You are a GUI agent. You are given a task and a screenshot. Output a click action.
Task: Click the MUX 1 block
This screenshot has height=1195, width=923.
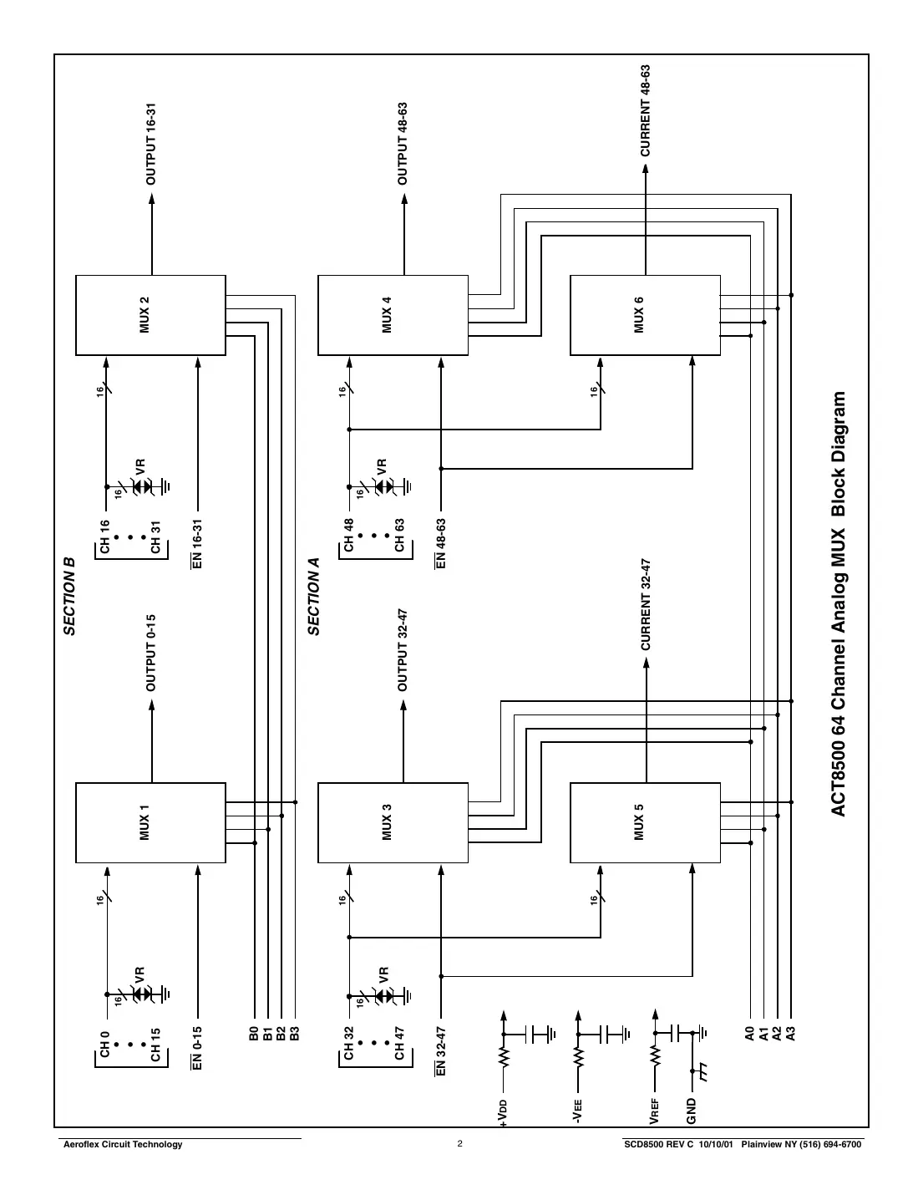150,822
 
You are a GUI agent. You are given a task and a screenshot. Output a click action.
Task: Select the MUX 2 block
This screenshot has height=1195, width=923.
150,315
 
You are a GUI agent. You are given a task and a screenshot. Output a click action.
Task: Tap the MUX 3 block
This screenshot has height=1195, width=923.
393,822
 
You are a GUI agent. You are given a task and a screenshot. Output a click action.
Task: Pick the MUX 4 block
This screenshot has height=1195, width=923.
393,315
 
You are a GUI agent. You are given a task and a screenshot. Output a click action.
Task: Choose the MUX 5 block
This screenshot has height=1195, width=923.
645,822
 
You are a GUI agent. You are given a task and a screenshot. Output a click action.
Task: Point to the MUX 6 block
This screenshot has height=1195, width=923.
645,315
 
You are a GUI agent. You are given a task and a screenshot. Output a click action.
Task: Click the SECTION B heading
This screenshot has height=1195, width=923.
70,597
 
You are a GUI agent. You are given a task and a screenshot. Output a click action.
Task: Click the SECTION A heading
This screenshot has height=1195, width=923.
314,597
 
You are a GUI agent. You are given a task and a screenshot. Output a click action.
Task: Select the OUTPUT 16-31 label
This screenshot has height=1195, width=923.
151,144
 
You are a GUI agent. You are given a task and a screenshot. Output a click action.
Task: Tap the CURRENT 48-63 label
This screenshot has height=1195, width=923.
645,110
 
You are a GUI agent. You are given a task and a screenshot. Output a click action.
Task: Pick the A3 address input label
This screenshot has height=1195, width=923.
791,1035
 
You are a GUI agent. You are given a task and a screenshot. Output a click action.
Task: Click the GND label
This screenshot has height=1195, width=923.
692,1111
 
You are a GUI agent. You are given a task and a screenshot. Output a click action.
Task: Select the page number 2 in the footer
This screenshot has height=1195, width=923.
459,1144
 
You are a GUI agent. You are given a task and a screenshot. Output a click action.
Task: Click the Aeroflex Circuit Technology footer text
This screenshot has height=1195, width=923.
124,1144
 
